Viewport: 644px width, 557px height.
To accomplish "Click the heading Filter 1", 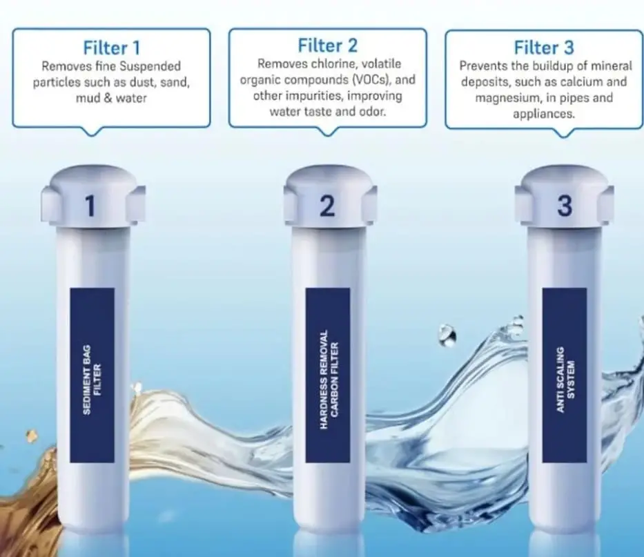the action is pyautogui.click(x=112, y=48).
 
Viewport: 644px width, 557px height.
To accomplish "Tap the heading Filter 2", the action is pyautogui.click(x=328, y=46).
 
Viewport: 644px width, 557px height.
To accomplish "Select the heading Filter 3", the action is pyautogui.click(x=544, y=48).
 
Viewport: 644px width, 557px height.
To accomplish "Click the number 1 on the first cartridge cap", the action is pyautogui.click(x=90, y=206).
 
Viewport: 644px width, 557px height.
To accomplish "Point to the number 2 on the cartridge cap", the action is pyautogui.click(x=327, y=206).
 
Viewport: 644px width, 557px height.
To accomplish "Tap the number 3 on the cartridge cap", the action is pyautogui.click(x=565, y=206).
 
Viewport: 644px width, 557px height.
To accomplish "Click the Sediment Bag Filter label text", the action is pyautogui.click(x=92, y=379).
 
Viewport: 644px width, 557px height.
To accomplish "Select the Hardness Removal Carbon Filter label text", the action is pyautogui.click(x=329, y=380).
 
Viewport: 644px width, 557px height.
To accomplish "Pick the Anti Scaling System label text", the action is pyautogui.click(x=565, y=379).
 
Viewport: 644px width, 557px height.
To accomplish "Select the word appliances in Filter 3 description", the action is pyautogui.click(x=544, y=114).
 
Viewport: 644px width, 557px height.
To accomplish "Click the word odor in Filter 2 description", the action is pyautogui.click(x=373, y=111).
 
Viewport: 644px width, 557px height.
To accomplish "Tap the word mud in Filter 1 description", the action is pyautogui.click(x=86, y=98).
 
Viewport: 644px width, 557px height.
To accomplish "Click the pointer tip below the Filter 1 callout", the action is pyautogui.click(x=91, y=135).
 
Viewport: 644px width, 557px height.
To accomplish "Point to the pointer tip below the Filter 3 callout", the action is pyautogui.click(x=565, y=137).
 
